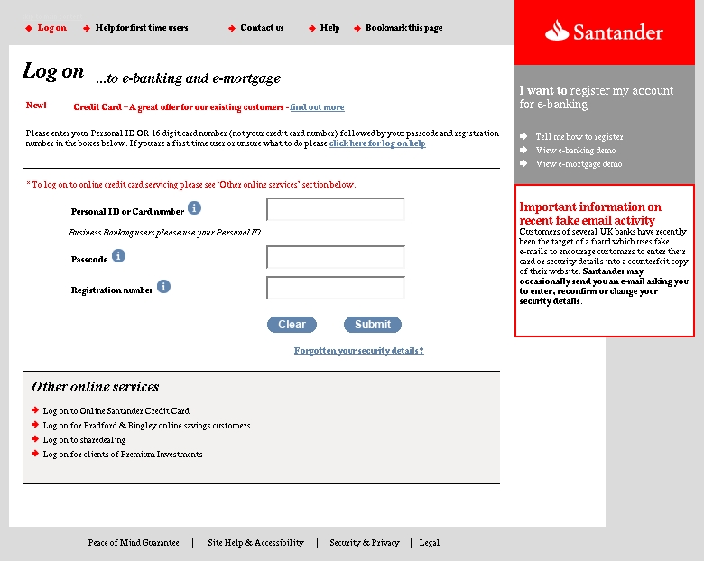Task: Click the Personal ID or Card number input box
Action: [336, 209]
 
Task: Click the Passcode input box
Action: [336, 257]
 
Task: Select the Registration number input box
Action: [336, 288]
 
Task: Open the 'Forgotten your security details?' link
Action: [358, 351]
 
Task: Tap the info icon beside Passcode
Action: [118, 256]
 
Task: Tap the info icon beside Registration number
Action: [163, 287]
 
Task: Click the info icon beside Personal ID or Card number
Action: [194, 208]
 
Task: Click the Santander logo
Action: [604, 33]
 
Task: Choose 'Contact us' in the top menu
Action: [262, 28]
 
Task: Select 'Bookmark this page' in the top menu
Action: [403, 28]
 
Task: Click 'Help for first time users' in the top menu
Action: [142, 28]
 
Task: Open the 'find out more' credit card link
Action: [317, 107]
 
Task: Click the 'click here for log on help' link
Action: [377, 143]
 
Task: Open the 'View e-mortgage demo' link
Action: [579, 164]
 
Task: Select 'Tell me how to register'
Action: [579, 137]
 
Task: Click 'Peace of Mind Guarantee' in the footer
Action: [134, 543]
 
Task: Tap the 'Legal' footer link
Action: [430, 543]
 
